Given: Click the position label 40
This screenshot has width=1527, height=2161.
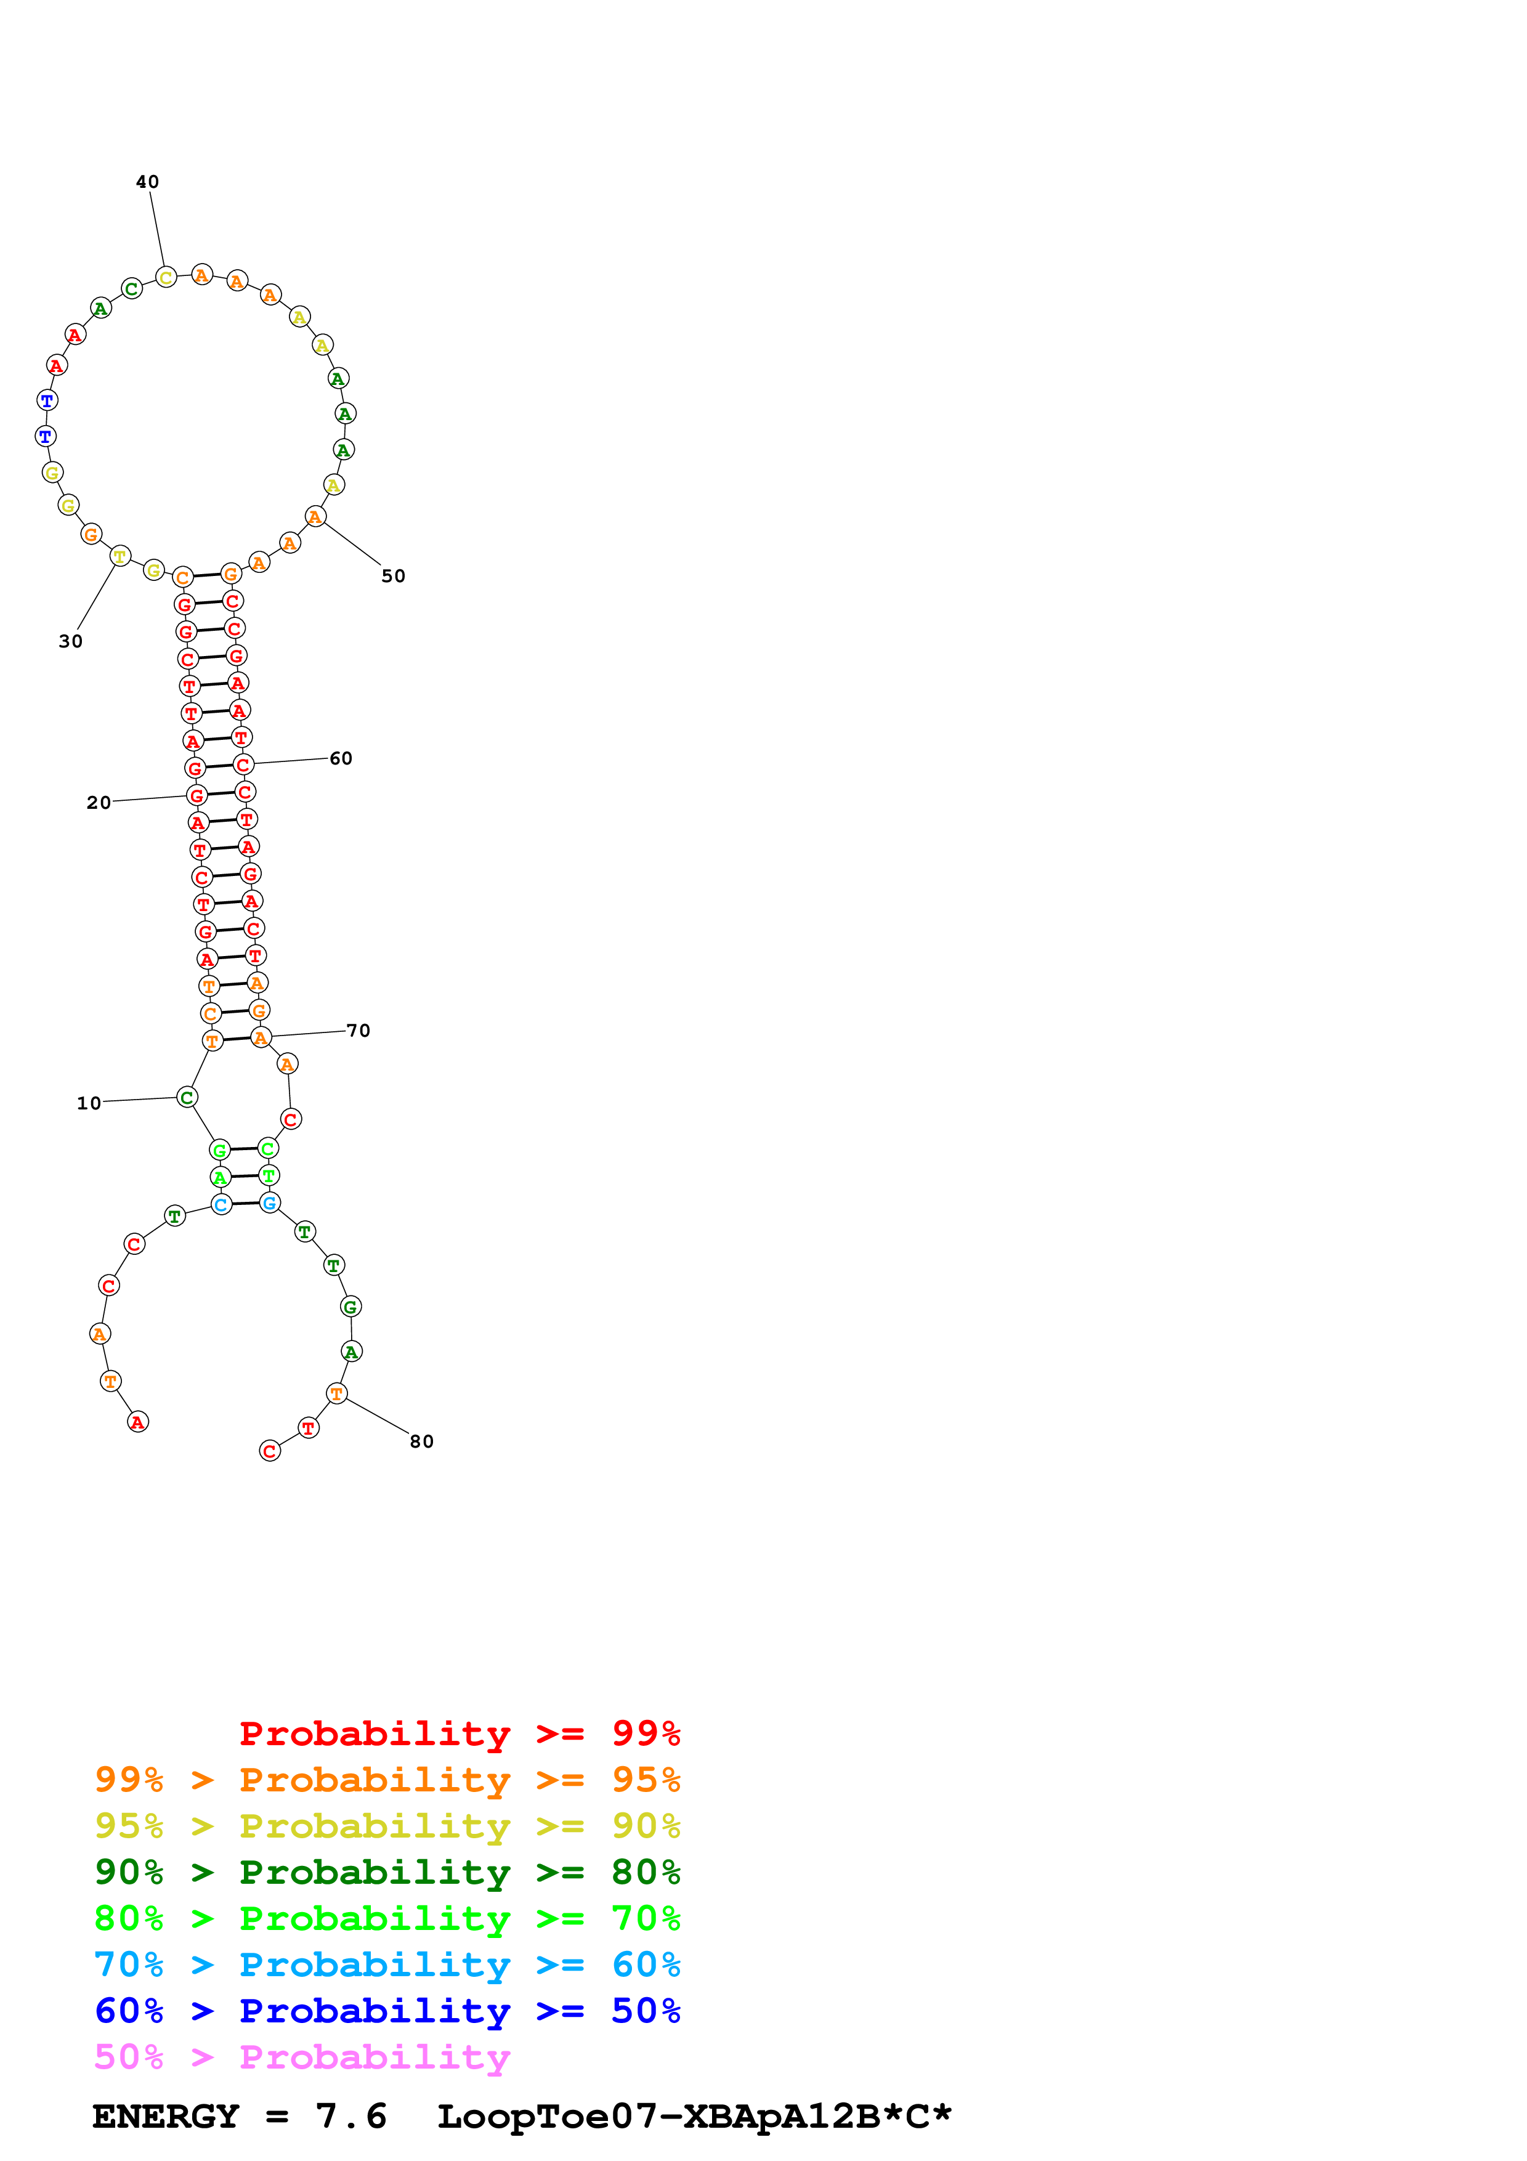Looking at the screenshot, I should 148,182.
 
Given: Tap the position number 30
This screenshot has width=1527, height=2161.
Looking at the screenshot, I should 71,641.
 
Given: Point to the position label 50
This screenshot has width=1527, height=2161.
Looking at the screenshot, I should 393,576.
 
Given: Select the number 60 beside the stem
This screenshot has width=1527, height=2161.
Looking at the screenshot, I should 341,758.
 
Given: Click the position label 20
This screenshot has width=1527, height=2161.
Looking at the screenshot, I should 99,802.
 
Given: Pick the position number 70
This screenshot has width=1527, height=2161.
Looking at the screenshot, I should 358,1031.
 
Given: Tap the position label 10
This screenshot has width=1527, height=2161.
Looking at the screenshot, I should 89,1103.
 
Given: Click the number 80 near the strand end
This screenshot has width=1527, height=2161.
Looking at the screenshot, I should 421,1442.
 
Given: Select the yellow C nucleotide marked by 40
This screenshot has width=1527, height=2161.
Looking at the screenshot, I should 166,277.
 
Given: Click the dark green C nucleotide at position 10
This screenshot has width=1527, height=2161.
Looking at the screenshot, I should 187,1098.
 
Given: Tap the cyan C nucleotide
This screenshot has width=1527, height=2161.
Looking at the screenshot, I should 221,1205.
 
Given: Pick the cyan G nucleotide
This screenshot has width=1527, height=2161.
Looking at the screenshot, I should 270,1203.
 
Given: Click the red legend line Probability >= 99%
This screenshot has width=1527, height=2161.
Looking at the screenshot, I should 459,1733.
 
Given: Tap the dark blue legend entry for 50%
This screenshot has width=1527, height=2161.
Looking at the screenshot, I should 387,2011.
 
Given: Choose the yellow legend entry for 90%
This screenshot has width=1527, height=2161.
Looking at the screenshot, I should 387,1826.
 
